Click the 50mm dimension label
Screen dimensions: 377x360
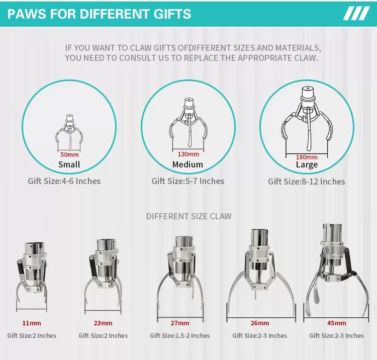point(69,154)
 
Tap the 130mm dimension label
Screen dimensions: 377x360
point(189,154)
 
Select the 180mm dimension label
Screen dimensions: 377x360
point(307,157)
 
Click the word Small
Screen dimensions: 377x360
point(69,164)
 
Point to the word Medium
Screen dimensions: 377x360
point(187,164)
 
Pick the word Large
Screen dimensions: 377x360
point(307,165)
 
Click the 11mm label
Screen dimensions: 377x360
point(32,323)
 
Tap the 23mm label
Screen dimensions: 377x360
point(103,323)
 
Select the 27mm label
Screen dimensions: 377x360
point(180,323)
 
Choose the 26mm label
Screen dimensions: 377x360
point(260,323)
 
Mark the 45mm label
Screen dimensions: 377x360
point(337,323)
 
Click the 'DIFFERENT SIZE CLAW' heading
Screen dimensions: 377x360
point(189,216)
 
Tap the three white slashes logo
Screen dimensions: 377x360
point(356,14)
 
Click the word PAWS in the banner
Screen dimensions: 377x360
point(27,14)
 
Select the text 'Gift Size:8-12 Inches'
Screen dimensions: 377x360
point(307,182)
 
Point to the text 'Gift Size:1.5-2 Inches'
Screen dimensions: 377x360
point(180,335)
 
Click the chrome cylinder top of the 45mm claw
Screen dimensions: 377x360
point(332,233)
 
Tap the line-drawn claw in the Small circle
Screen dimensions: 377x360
point(69,131)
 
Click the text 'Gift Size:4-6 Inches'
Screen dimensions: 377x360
point(64,181)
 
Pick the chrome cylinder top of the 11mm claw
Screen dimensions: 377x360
point(35,248)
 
